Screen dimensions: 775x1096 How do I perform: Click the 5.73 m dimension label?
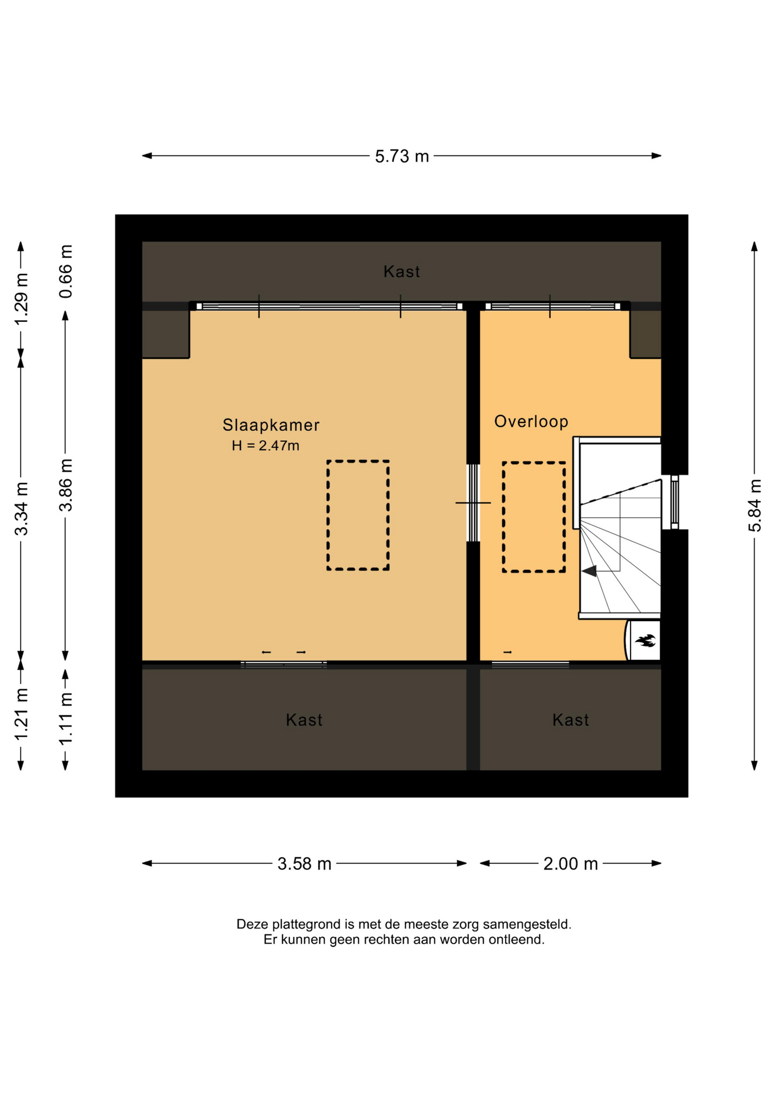click(x=402, y=156)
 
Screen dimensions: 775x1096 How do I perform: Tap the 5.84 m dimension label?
click(x=754, y=506)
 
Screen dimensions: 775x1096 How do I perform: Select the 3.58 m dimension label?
click(x=304, y=864)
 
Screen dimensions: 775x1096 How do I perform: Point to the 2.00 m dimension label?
click(x=570, y=864)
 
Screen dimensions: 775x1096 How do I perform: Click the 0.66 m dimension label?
click(x=66, y=271)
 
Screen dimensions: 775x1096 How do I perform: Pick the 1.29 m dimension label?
click(x=21, y=299)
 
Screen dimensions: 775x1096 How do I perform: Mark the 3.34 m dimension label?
click(x=21, y=509)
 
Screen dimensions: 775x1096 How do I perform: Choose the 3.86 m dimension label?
click(x=66, y=485)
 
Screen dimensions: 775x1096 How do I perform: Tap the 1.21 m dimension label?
click(x=21, y=714)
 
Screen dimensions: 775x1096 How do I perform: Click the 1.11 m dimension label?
click(x=66, y=718)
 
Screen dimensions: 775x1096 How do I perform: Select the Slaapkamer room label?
click(x=271, y=425)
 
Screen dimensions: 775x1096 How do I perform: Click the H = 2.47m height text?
click(x=265, y=446)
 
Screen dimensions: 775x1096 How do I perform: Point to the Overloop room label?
click(x=531, y=422)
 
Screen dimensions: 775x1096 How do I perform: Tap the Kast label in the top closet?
click(x=402, y=272)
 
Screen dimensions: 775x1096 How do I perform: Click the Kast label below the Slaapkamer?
click(x=304, y=720)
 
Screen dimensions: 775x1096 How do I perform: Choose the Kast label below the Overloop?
click(x=570, y=720)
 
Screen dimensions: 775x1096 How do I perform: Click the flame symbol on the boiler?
click(x=645, y=640)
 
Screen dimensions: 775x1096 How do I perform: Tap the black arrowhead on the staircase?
click(x=590, y=571)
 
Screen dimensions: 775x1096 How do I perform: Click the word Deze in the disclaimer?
click(x=252, y=924)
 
